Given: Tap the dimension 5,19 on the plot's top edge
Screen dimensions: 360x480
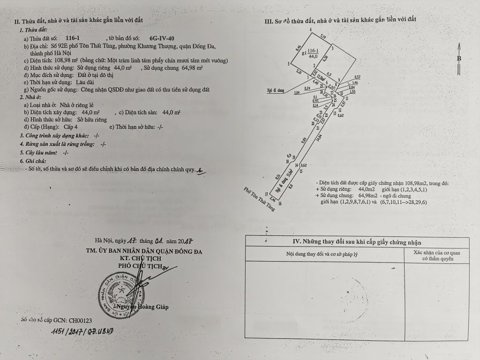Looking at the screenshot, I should [323, 36].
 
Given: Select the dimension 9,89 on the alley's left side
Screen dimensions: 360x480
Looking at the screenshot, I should [304, 139].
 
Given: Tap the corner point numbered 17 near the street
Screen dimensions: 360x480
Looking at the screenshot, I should [266, 193].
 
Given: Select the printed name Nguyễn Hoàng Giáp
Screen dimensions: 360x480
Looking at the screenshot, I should [145, 307].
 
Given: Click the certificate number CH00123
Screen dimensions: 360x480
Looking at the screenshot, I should [80, 321].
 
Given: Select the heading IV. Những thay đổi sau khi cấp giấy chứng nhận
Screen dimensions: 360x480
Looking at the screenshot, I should [356, 242].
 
